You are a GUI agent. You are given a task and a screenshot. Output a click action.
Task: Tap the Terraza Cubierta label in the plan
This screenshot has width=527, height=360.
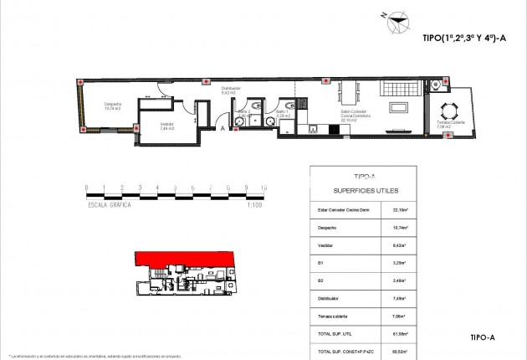(451, 125)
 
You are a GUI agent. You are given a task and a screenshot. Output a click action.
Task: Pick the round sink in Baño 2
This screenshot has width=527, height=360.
(239, 120)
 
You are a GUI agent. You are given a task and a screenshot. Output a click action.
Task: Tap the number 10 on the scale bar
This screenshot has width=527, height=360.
(264, 188)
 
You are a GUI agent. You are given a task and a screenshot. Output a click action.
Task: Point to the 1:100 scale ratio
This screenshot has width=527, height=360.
(256, 204)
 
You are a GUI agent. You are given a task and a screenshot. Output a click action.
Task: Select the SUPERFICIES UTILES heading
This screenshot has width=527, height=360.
(360, 190)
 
